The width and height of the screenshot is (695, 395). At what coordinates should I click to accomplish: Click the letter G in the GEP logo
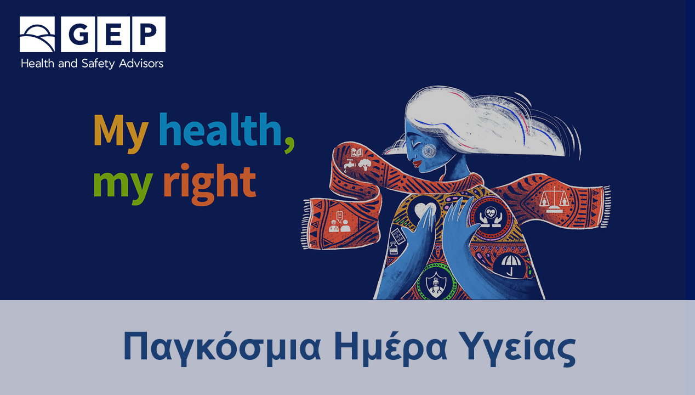point(79,34)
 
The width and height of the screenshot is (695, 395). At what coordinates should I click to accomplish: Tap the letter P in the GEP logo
point(149,34)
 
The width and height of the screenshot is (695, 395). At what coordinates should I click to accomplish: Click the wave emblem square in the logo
point(37,34)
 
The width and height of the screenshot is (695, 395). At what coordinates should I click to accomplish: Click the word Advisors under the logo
point(141,63)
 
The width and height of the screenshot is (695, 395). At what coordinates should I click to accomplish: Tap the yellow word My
point(121,133)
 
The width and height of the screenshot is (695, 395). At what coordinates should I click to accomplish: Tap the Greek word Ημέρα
point(390,345)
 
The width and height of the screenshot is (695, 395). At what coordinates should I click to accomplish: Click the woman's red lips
point(417,163)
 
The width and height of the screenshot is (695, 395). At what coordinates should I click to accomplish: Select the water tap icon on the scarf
point(350,164)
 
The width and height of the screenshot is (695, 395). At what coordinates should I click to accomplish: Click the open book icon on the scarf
point(357,153)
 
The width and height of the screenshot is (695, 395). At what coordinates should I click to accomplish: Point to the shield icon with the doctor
point(436,284)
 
